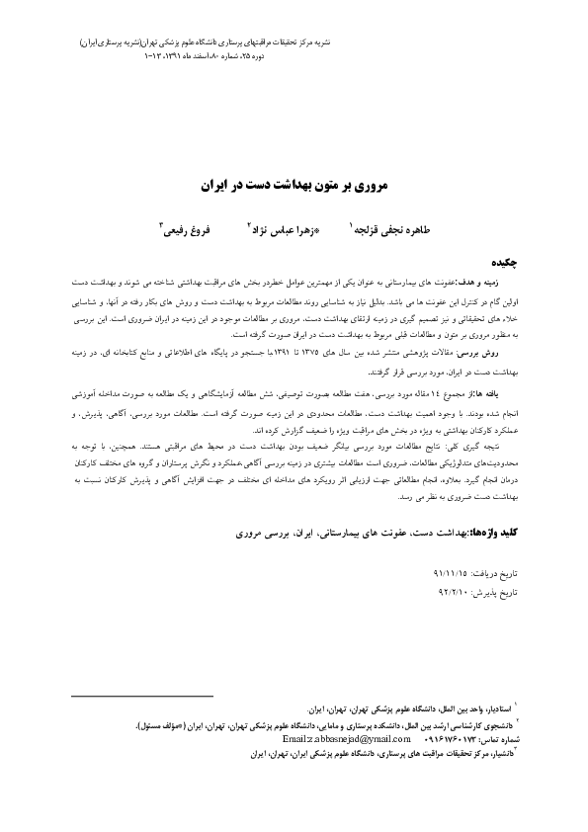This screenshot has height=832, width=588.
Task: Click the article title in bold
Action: (x=295, y=185)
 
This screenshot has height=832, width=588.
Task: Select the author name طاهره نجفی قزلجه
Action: (x=390, y=228)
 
